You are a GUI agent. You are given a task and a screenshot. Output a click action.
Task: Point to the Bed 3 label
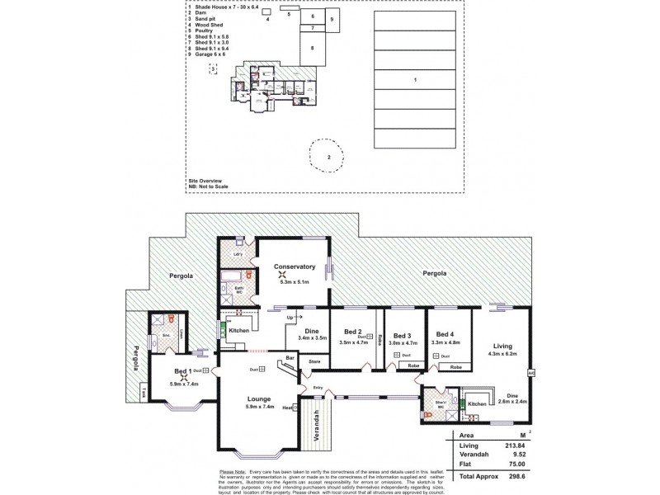(x=402, y=336)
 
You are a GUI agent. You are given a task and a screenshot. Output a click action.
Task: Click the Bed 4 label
(x=445, y=333)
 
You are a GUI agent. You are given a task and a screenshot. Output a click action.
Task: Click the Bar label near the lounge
(x=290, y=357)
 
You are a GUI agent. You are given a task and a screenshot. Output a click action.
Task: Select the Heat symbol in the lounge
(x=288, y=408)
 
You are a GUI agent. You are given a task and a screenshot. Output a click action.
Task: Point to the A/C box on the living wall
(x=531, y=372)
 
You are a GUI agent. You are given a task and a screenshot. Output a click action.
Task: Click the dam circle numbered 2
(x=328, y=156)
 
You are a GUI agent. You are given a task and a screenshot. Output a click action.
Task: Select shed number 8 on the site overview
(x=312, y=49)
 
